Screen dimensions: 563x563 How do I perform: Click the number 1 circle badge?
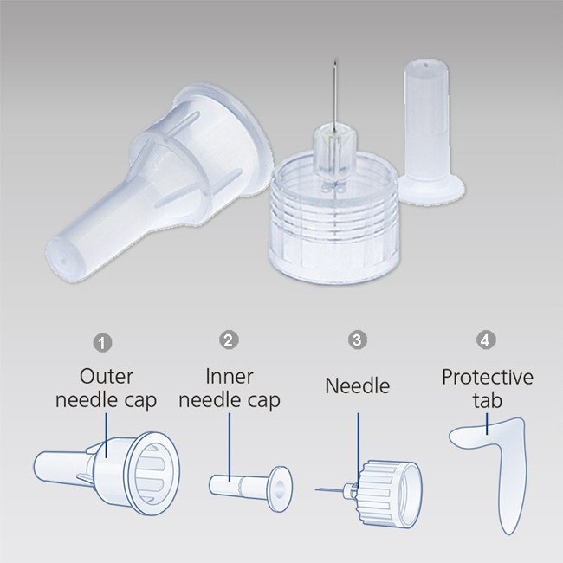(x=102, y=342)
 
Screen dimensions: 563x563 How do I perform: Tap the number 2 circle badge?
(x=229, y=340)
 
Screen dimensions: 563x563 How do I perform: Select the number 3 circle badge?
(x=357, y=340)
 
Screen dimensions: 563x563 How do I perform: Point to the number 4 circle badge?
(x=486, y=340)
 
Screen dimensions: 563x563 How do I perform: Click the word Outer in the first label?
(x=107, y=377)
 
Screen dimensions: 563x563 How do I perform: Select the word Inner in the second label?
(x=230, y=377)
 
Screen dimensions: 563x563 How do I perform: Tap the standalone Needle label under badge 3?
(x=358, y=386)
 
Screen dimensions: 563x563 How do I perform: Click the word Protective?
(x=488, y=377)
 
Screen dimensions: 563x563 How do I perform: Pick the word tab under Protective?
(x=487, y=400)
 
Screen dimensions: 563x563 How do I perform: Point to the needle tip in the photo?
(x=335, y=60)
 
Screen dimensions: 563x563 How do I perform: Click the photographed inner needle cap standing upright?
(x=430, y=130)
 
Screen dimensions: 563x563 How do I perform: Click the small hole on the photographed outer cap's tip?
(x=64, y=262)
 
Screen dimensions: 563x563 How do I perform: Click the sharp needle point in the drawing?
(x=316, y=489)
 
